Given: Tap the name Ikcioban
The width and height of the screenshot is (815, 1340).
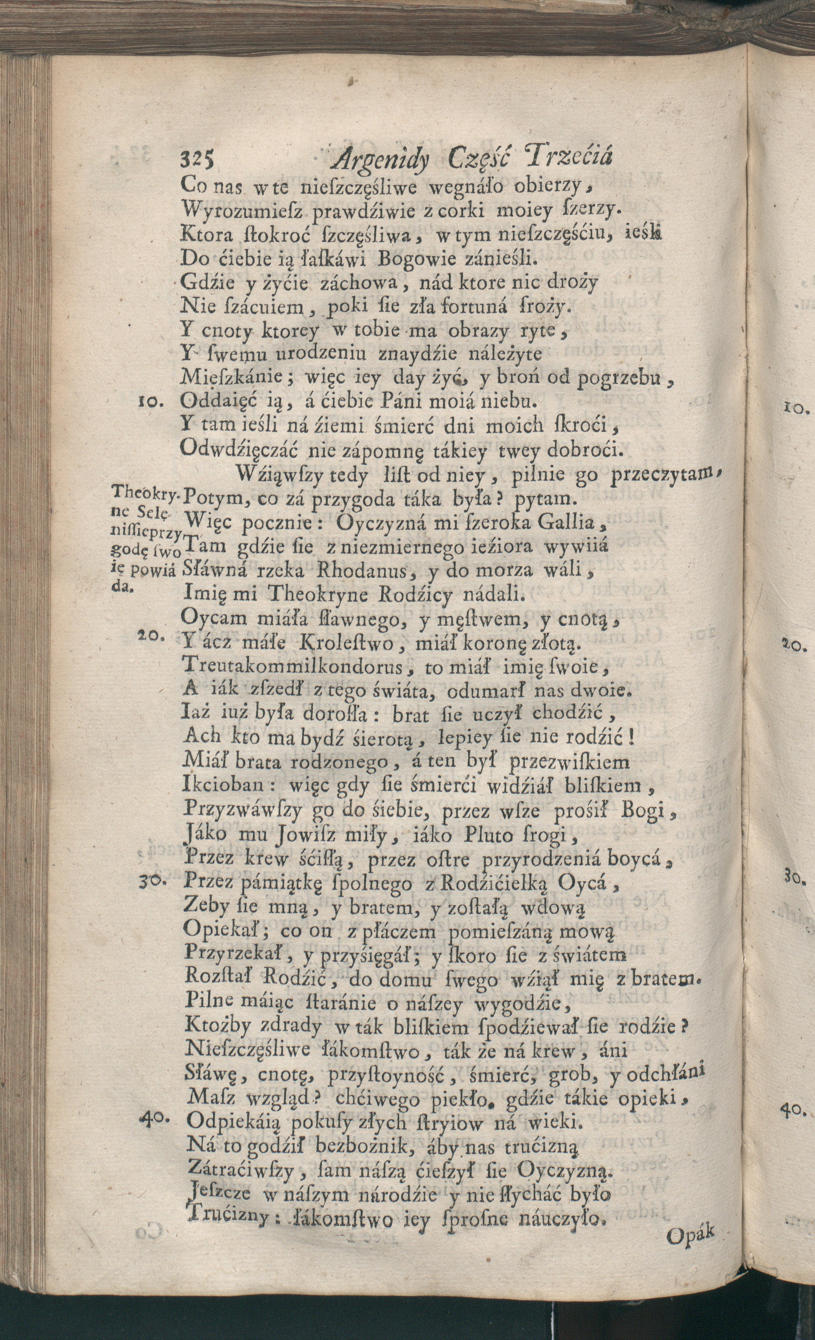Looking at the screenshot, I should [224, 786].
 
